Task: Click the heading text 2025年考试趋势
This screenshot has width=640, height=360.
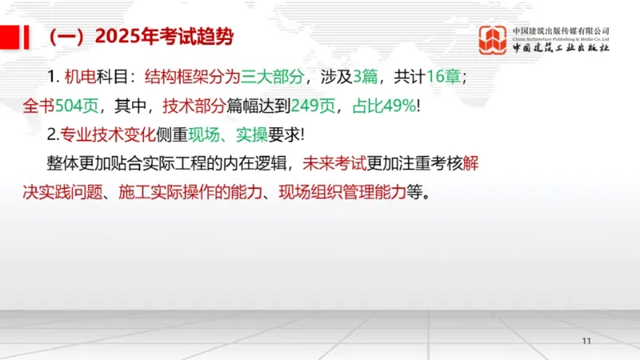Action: [164, 37]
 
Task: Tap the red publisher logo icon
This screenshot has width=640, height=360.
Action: [493, 40]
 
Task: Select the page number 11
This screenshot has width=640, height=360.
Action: [586, 342]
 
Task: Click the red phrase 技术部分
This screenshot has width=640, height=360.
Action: [194, 106]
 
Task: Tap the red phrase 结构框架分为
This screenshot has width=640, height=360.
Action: [193, 77]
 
